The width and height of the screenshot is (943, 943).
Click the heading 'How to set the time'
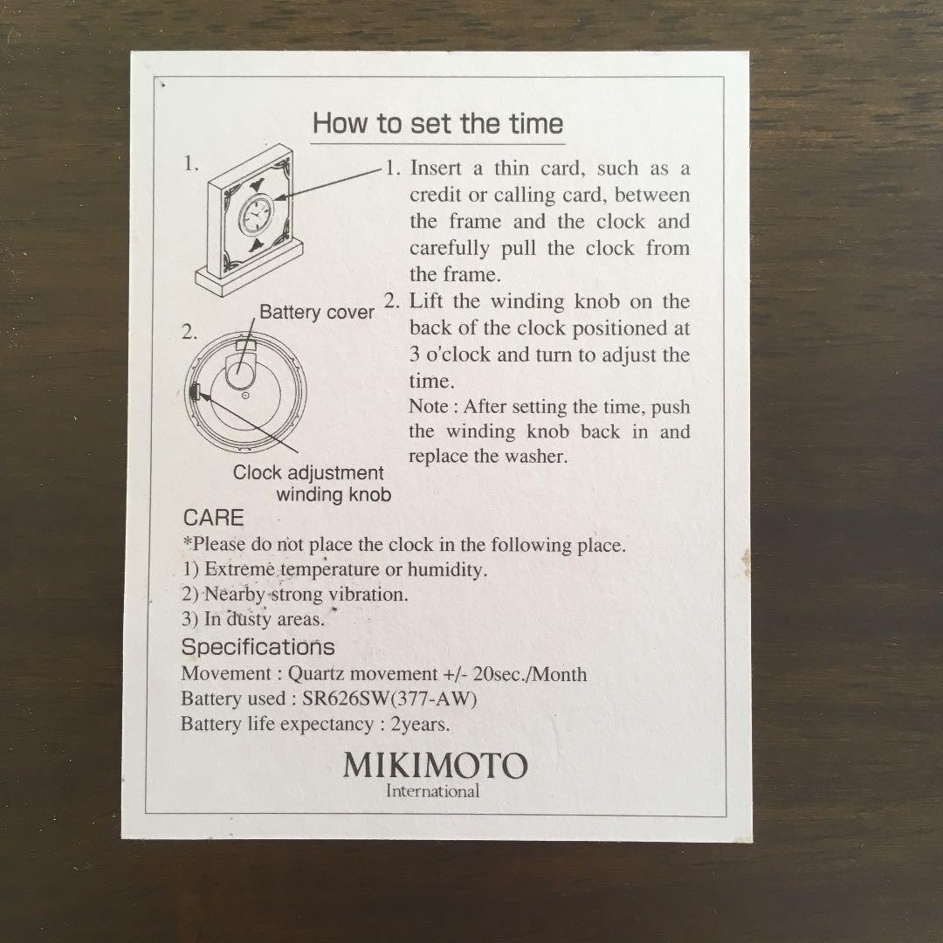437,123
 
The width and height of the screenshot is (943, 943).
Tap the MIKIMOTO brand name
436,766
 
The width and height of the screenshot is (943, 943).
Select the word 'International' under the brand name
432,791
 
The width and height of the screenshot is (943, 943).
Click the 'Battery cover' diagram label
317,313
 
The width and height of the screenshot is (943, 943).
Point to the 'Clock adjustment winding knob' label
312,484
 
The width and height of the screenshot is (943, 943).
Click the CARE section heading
214,518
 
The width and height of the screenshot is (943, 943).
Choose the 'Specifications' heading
258,647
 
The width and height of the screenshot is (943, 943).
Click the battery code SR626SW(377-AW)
389,699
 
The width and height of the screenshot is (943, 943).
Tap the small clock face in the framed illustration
256,214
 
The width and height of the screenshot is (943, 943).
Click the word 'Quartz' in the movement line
316,674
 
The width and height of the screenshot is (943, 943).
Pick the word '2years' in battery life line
420,724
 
